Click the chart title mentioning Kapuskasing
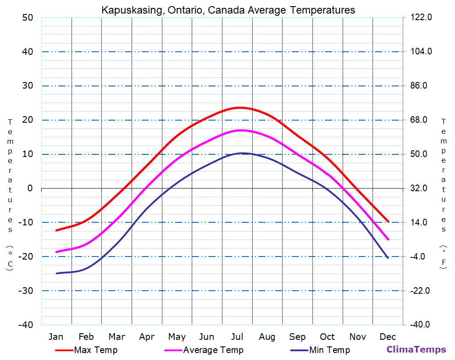pyautogui.click(x=228, y=10)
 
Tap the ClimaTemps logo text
pyautogui.click(x=416, y=349)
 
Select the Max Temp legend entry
pyautogui.click(x=96, y=350)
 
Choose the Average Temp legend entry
pyautogui.click(x=213, y=350)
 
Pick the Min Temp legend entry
pyautogui.click(x=329, y=350)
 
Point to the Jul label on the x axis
pyautogui.click(x=237, y=337)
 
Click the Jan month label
pyautogui.click(x=56, y=337)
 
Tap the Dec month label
pyautogui.click(x=388, y=337)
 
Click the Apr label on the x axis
pyautogui.click(x=147, y=337)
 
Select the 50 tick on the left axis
pyautogui.click(x=28, y=18)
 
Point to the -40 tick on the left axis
pyautogui.click(x=25, y=325)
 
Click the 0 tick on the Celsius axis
pyautogui.click(x=30, y=189)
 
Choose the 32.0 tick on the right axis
pyautogui.click(x=421, y=189)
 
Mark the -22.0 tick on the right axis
pyautogui.click(x=421, y=291)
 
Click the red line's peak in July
pyautogui.click(x=239, y=107)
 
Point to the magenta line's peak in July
pyautogui.click(x=240, y=130)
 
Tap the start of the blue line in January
pyautogui.click(x=57, y=273)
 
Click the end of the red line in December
pyautogui.click(x=388, y=221)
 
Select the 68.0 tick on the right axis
pyautogui.click(x=421, y=120)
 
